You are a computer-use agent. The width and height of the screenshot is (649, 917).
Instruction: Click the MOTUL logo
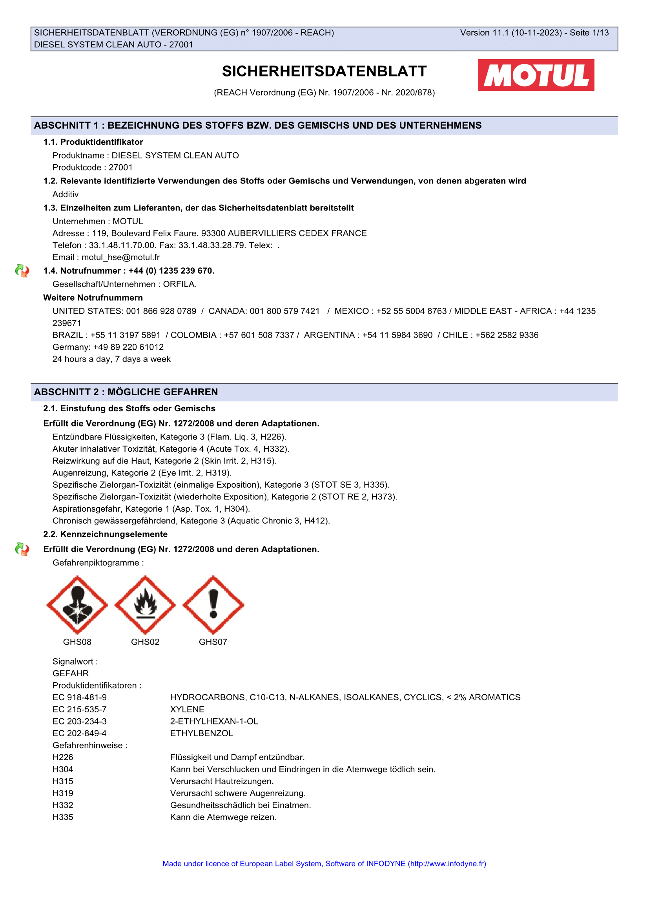point(536,75)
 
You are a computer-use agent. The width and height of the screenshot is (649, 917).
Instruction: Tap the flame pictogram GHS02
point(145,605)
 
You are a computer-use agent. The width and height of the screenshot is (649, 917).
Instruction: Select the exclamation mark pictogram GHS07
point(213,605)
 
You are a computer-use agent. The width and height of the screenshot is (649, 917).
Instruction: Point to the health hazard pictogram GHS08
point(77,605)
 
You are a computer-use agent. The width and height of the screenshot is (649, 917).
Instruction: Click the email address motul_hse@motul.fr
point(120,257)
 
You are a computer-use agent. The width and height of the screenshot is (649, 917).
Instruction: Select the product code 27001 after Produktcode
point(121,167)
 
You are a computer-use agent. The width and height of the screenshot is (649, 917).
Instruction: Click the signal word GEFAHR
point(71,674)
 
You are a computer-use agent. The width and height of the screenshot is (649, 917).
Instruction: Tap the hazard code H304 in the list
point(63,769)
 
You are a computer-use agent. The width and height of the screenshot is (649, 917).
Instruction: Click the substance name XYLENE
point(187,709)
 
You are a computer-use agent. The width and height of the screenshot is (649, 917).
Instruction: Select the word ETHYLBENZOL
point(201,733)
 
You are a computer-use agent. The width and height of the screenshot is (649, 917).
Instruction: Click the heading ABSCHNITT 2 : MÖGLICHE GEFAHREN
point(126,392)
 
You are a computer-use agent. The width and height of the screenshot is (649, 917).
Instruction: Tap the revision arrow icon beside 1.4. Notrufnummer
point(22,271)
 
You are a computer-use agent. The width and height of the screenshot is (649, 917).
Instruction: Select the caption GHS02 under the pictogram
point(145,642)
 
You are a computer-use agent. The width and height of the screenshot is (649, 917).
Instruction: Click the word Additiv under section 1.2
point(66,194)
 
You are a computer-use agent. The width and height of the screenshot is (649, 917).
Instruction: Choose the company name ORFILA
point(179,284)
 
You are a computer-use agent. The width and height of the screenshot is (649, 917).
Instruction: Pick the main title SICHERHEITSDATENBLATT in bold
point(324,71)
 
